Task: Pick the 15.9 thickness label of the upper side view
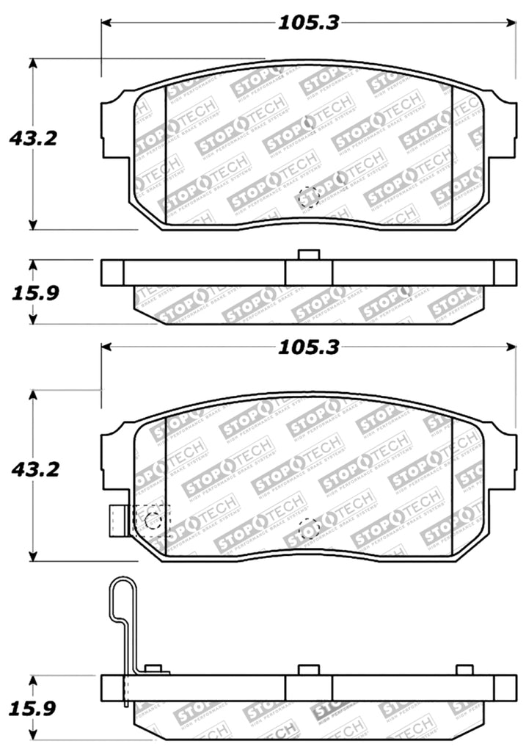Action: (x=34, y=292)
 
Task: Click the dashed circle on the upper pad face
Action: (x=308, y=195)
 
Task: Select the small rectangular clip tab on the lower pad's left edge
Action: (x=116, y=521)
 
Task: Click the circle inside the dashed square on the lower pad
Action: (x=153, y=521)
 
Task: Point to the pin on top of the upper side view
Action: (x=309, y=255)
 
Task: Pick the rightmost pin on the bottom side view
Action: (x=464, y=670)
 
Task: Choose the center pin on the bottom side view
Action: (x=309, y=670)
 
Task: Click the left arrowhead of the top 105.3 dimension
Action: (x=106, y=23)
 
